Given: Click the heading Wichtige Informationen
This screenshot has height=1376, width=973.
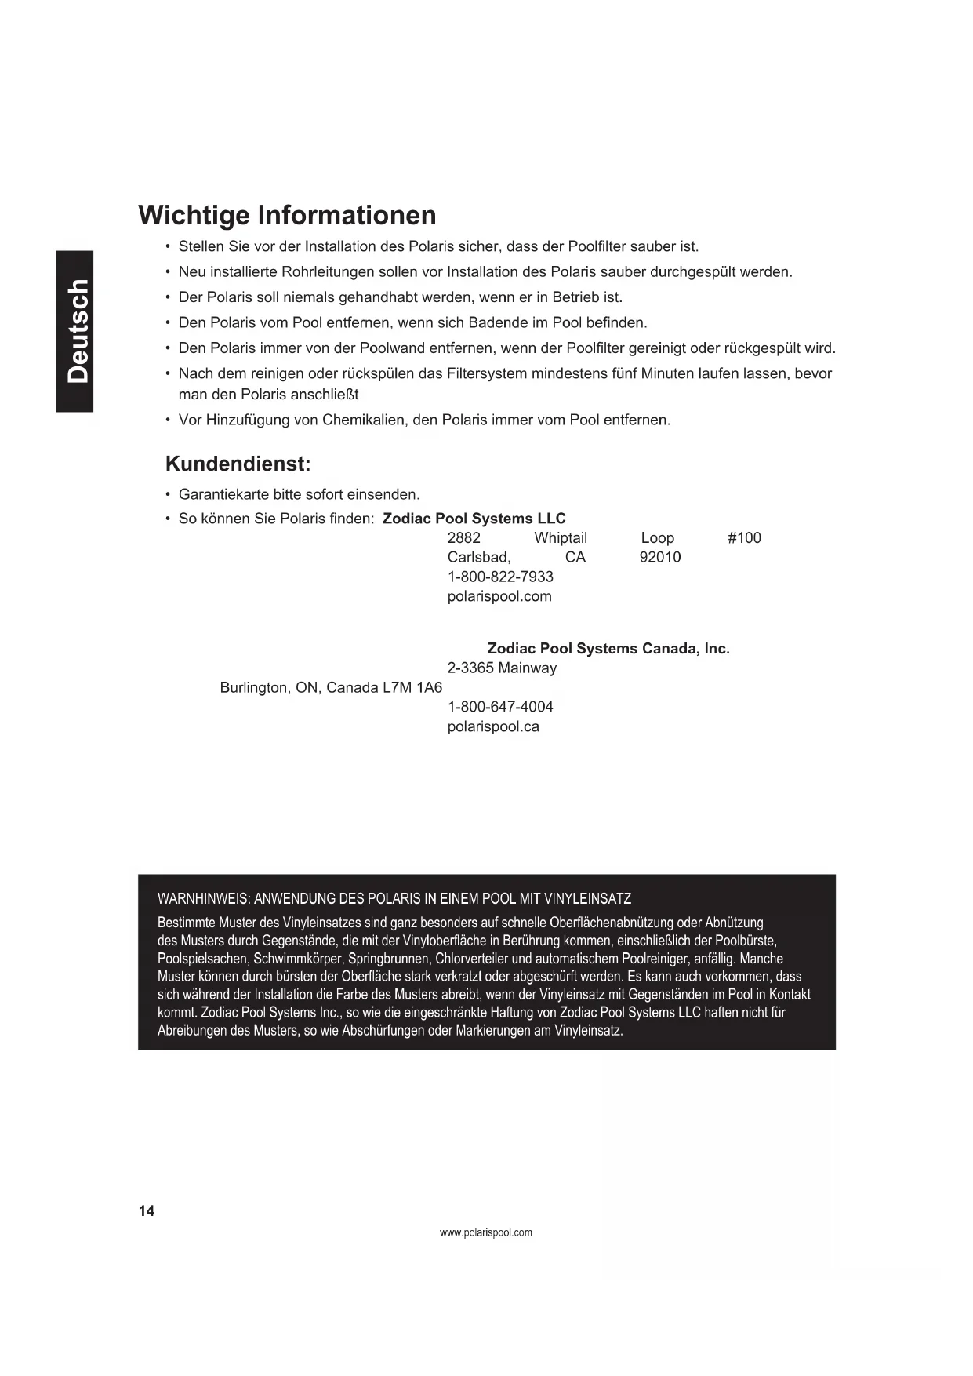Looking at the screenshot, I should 287,215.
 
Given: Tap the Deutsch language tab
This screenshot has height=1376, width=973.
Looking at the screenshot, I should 75,331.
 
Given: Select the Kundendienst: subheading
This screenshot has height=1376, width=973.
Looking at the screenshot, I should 238,464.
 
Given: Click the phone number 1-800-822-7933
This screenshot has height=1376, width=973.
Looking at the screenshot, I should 500,577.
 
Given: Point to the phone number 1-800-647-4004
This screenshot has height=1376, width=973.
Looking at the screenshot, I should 500,707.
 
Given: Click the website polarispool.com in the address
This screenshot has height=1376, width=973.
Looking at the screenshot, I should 499,596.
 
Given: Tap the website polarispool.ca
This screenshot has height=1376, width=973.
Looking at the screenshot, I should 493,726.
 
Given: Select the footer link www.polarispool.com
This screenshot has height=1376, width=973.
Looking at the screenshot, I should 486,1232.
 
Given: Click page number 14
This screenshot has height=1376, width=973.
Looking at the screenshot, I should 147,1211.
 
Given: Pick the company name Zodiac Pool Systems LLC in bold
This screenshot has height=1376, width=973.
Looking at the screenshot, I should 474,519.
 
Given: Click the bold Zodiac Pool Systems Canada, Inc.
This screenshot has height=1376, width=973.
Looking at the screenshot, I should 608,649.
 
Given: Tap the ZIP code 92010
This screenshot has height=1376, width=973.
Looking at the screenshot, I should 660,557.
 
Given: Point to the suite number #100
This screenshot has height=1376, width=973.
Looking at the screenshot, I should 744,537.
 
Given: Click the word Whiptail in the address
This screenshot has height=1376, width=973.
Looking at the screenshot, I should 561,537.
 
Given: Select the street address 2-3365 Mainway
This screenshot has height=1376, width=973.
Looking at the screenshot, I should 502,668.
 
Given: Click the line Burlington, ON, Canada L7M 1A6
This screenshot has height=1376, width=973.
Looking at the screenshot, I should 331,688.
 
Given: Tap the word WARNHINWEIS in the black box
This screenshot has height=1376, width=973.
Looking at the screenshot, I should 202,899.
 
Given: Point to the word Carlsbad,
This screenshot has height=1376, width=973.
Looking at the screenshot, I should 479,557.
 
